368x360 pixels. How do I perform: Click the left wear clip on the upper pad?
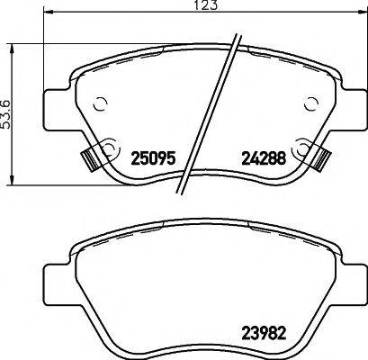[89, 158]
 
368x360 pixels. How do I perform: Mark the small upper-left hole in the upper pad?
[102, 102]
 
